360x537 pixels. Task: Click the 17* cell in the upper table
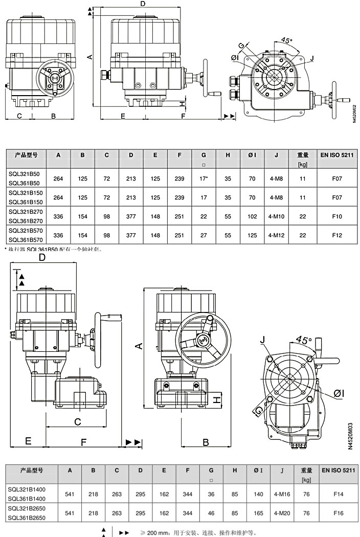click(204, 178)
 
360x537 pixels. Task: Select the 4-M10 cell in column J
click(276, 217)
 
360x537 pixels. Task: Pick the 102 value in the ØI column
click(252, 217)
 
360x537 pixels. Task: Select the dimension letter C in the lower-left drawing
click(78, 421)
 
